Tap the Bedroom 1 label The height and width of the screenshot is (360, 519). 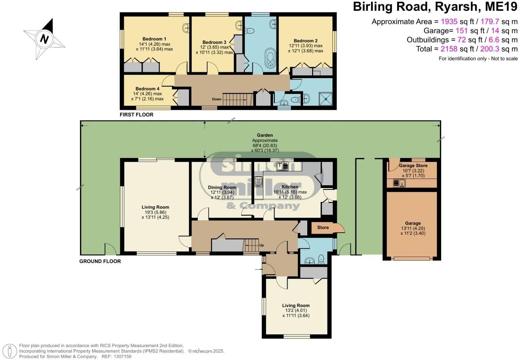(x=154, y=39)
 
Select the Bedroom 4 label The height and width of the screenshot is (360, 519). (x=147, y=89)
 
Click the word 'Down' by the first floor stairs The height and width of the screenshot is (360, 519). (x=217, y=99)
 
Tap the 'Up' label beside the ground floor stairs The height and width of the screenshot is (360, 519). (x=262, y=245)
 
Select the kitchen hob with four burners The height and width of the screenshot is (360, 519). (x=259, y=181)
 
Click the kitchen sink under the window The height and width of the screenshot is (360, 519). (x=282, y=166)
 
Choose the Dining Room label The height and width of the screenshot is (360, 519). (x=222, y=187)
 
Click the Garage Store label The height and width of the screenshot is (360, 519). (x=413, y=165)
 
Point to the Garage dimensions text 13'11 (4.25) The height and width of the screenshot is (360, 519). (x=413, y=228)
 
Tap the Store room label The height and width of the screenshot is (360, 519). (x=323, y=227)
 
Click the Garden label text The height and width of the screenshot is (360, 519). (x=265, y=135)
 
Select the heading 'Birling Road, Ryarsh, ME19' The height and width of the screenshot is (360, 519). (x=435, y=7)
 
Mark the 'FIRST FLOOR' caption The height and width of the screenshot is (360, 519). (x=136, y=114)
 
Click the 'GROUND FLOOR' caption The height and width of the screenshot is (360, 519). (x=100, y=261)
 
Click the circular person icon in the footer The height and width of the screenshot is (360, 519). (x=12, y=351)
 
